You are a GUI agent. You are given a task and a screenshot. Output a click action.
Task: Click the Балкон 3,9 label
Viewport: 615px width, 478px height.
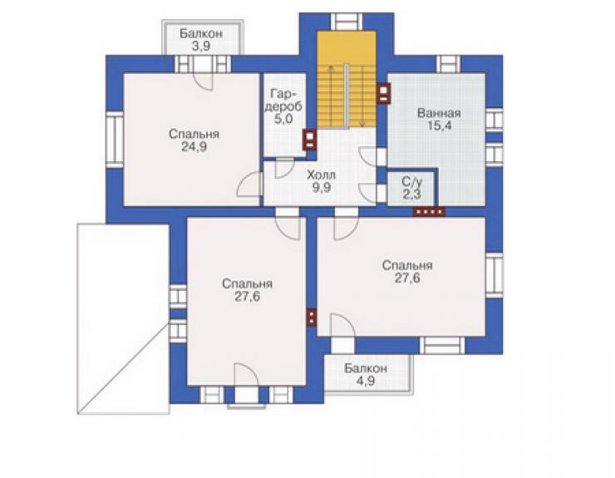[x=201, y=40]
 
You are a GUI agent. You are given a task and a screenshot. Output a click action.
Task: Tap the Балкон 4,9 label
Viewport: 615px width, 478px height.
[x=366, y=374]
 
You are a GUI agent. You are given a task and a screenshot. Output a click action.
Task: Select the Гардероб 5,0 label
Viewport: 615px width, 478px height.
[x=283, y=106]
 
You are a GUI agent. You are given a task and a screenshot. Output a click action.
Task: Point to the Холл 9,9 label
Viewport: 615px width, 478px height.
[x=322, y=181]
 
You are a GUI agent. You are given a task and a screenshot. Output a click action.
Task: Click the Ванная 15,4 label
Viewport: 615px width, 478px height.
[x=439, y=120]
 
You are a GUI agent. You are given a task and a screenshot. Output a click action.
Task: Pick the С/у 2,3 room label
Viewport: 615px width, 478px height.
[x=412, y=188]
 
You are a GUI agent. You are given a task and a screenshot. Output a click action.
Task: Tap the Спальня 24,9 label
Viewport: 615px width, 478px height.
[x=194, y=140]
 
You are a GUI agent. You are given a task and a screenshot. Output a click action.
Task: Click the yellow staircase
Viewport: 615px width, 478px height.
[x=347, y=79]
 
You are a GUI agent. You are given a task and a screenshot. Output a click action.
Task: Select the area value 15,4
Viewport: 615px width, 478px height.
[x=440, y=126]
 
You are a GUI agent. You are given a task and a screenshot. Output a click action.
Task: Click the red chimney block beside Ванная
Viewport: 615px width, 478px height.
[x=383, y=94]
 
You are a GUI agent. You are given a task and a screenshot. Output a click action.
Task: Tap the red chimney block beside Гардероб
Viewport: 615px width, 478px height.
[x=310, y=140]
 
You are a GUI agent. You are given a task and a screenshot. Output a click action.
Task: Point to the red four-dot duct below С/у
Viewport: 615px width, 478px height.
[x=429, y=211]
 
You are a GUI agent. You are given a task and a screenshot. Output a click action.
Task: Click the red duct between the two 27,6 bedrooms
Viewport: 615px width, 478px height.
[x=311, y=318]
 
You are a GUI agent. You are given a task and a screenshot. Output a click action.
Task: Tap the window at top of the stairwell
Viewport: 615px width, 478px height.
[x=347, y=22]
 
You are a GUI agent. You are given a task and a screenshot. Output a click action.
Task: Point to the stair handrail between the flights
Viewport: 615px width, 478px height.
[x=347, y=96]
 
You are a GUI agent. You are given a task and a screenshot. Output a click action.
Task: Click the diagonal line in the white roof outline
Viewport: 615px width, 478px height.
[x=124, y=366]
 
